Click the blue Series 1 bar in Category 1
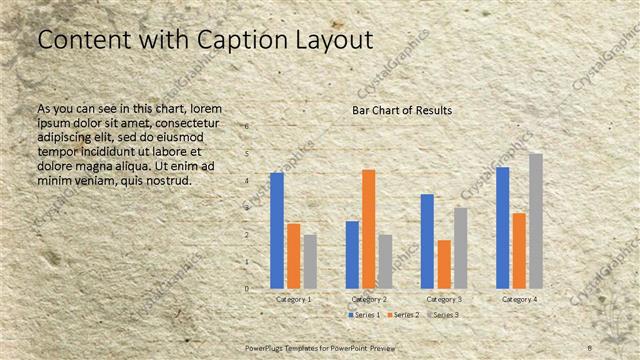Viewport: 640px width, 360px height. (x=277, y=231)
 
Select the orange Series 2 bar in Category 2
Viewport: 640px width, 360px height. (x=369, y=229)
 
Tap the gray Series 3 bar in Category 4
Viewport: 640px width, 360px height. (x=535, y=221)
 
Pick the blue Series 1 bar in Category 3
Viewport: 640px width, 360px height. (x=427, y=241)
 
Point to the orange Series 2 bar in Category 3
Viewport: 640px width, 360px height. (x=444, y=264)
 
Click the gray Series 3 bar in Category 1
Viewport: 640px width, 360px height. (x=310, y=261)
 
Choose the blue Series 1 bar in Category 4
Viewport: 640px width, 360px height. (x=502, y=228)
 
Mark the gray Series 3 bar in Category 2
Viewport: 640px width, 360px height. (x=385, y=261)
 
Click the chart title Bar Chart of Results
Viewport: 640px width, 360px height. (x=402, y=110)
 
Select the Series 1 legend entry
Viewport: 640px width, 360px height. (x=364, y=315)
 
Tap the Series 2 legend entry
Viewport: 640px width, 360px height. (x=403, y=315)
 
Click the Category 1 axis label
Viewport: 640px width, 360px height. (x=293, y=299)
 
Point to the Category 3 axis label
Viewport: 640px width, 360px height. (x=444, y=299)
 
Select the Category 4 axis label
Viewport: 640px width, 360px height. (x=519, y=299)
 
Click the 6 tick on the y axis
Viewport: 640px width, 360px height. (x=248, y=127)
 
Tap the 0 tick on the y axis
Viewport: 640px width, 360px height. (x=248, y=289)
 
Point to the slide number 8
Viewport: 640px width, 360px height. (x=590, y=346)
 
